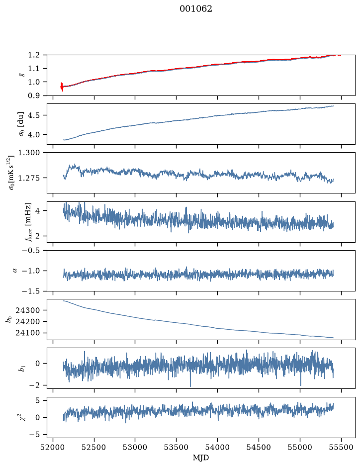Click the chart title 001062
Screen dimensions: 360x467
pos(196,9)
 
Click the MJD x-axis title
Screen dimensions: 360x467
pos(201,458)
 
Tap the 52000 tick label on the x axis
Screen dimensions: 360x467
pos(53,447)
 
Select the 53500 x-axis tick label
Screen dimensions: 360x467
pos(177,447)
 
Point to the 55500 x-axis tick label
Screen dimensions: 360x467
pos(341,447)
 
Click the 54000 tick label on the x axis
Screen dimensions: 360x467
pos(217,447)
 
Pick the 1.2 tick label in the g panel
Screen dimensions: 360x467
pos(34,55)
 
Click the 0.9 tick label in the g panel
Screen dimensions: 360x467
pos(34,95)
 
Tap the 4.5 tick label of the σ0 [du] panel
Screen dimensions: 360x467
pos(34,115)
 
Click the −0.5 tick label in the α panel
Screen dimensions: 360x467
pos(31,250)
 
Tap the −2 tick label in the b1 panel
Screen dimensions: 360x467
pos(34,385)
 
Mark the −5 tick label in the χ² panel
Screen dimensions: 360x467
pos(34,435)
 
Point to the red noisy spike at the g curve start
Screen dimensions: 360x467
pos(62,87)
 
